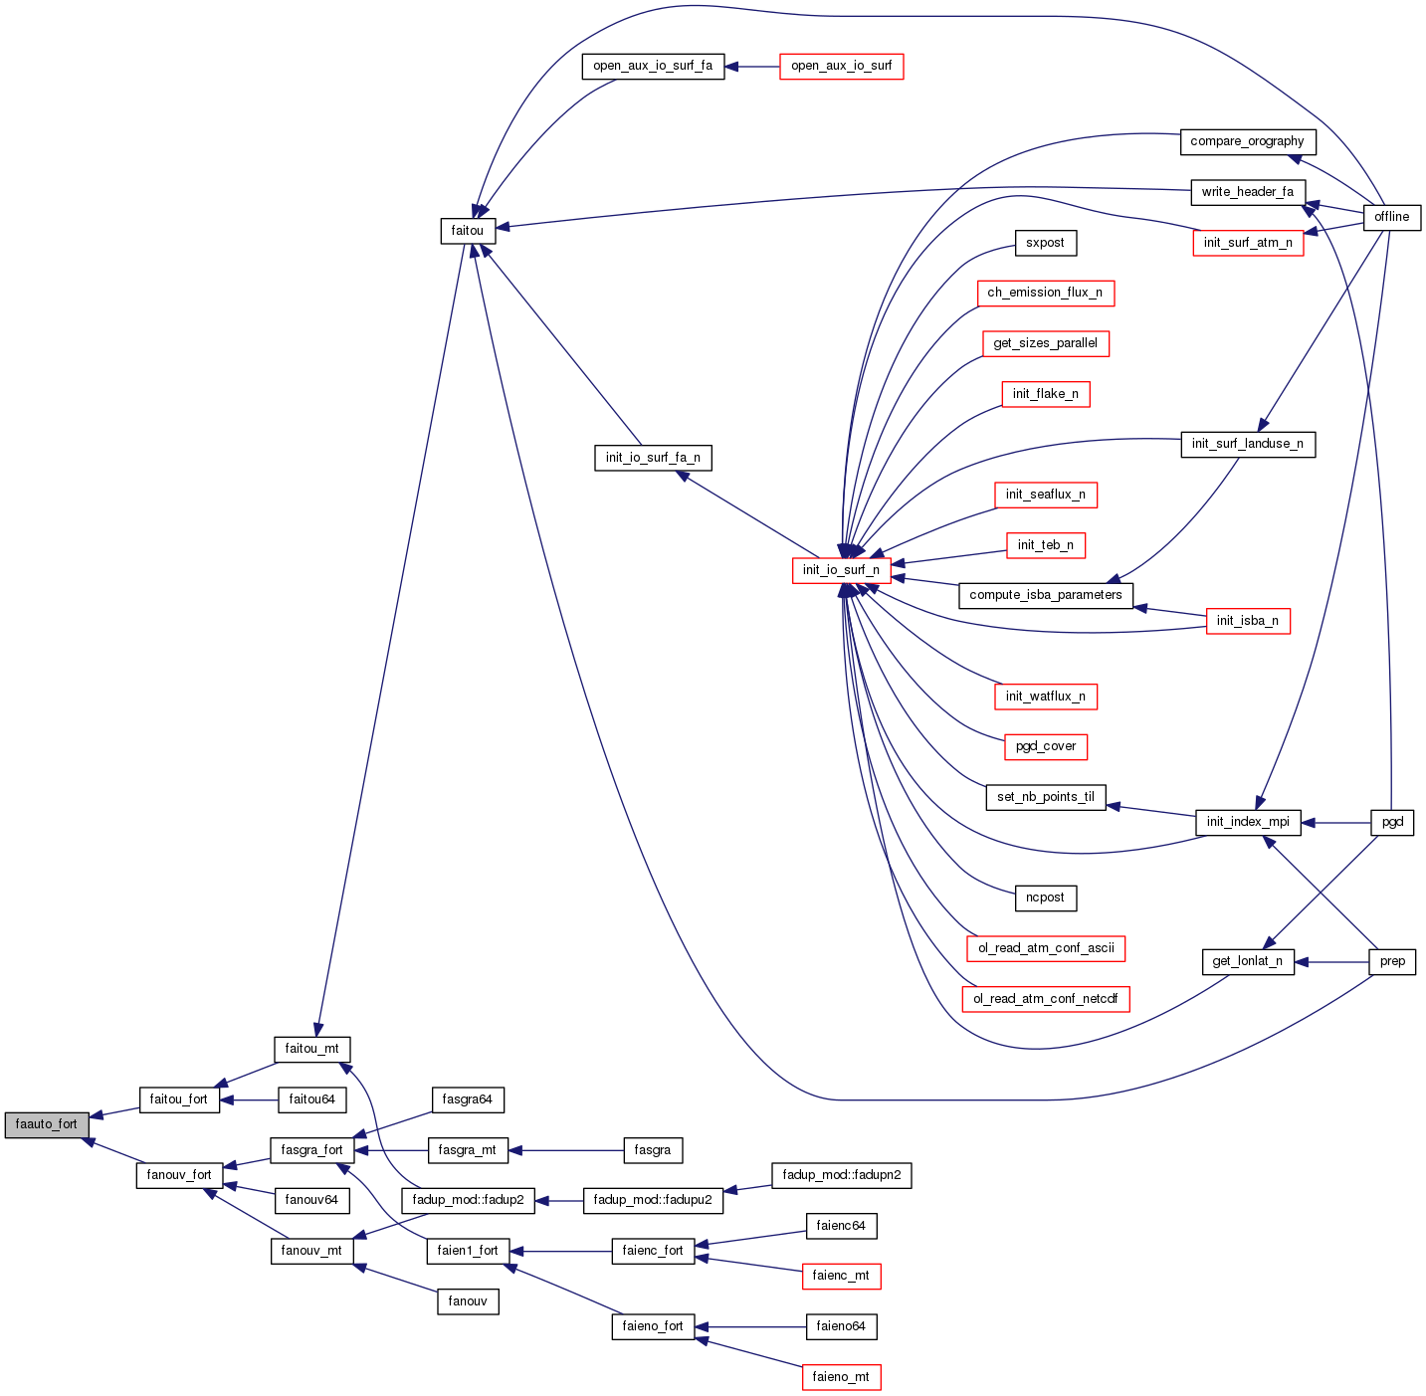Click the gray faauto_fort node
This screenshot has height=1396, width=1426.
pyautogui.click(x=47, y=1124)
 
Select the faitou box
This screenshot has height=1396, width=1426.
pyautogui.click(x=468, y=231)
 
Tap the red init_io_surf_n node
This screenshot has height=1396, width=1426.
pyautogui.click(x=841, y=570)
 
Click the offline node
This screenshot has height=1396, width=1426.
pyautogui.click(x=1391, y=217)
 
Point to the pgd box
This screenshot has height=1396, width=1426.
pyautogui.click(x=1392, y=822)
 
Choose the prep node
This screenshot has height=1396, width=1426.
pyautogui.click(x=1392, y=961)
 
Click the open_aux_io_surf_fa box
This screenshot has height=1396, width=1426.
pyautogui.click(x=653, y=67)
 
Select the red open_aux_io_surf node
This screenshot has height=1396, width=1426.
pyautogui.click(x=841, y=67)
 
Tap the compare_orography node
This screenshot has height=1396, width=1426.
pyautogui.click(x=1247, y=141)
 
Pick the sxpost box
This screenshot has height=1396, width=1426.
pyautogui.click(x=1045, y=243)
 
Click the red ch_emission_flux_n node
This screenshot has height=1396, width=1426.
pyautogui.click(x=1045, y=293)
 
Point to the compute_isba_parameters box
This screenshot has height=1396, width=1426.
pyautogui.click(x=1045, y=595)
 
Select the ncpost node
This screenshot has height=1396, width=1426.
pyautogui.click(x=1045, y=897)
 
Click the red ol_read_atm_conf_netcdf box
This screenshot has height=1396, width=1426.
pyautogui.click(x=1045, y=998)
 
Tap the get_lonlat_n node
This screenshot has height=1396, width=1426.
pyautogui.click(x=1248, y=961)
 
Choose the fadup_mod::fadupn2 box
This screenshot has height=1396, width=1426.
pyautogui.click(x=841, y=1175)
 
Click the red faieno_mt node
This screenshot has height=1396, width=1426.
pyautogui.click(x=841, y=1377)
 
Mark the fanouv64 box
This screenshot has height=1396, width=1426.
pyautogui.click(x=311, y=1200)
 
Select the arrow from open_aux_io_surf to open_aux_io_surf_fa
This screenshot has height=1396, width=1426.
pyautogui.click(x=752, y=67)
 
